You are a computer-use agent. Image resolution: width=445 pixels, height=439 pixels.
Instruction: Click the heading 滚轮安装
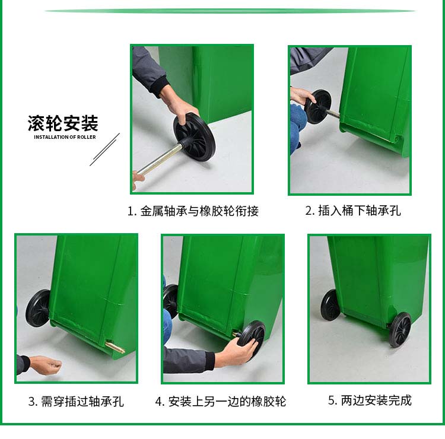pos(63,123)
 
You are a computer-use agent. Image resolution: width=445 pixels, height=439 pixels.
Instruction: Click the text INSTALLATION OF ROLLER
pos(65,137)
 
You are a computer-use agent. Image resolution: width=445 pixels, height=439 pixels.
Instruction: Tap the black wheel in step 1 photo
pos(195,137)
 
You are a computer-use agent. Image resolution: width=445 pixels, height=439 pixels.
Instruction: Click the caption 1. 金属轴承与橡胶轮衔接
pos(193,211)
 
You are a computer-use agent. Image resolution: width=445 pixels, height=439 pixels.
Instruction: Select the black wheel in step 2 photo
pos(318,107)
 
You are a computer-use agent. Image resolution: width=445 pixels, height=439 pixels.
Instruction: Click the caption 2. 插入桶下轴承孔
pos(353,211)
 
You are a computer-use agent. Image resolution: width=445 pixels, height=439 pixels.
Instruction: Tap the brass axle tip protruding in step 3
pos(115,347)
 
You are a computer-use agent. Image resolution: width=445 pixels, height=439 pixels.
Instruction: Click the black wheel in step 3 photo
pos(38,308)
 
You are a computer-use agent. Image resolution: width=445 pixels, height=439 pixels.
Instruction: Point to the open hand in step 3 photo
pos(46,365)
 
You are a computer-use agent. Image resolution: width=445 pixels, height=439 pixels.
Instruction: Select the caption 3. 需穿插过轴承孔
pos(76,402)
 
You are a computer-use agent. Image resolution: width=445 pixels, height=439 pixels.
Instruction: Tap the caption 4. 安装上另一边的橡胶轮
pos(221,402)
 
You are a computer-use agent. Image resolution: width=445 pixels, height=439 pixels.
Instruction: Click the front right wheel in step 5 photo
pos(400,329)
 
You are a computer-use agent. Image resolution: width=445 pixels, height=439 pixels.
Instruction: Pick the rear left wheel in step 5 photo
pos(330,305)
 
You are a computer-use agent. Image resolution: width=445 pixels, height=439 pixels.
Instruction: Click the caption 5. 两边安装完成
pos(370,400)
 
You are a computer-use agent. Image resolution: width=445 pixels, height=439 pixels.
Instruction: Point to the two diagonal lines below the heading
pos(105,149)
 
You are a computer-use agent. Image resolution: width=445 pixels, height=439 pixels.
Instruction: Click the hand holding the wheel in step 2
pos(301,96)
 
